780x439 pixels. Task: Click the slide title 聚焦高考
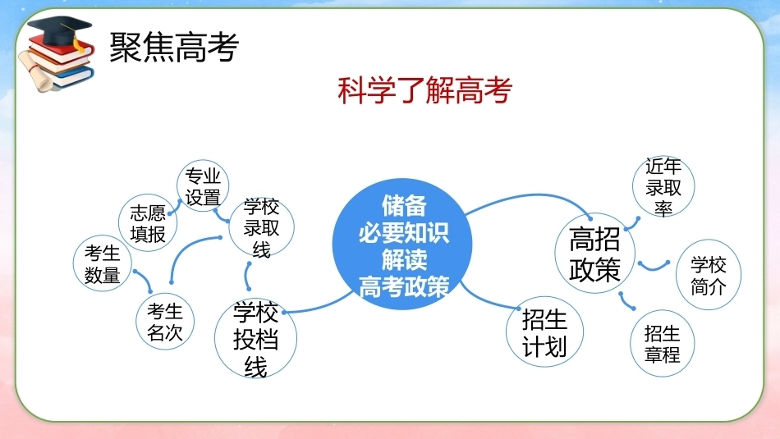[174, 48]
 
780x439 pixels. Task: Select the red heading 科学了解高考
[424, 90]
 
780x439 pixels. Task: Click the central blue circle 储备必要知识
[402, 244]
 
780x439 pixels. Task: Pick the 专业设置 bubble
[203, 186]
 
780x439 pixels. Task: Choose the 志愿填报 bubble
[148, 222]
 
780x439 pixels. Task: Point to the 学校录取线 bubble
[262, 226]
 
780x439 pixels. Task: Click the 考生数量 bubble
[103, 263]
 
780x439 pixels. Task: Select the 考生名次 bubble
[165, 321]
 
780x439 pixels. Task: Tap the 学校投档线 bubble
[255, 337]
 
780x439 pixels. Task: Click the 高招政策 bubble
[595, 253]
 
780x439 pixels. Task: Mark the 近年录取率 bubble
[663, 186]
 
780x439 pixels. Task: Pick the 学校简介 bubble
[709, 275]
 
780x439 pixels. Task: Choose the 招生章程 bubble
[662, 344]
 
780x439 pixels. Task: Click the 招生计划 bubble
[544, 332]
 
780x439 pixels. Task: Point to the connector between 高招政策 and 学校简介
[654, 268]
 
